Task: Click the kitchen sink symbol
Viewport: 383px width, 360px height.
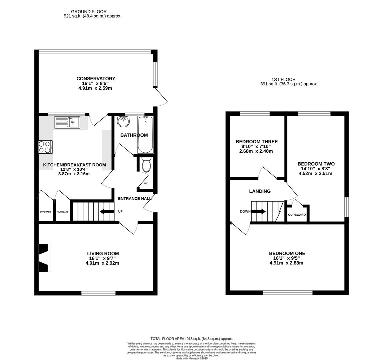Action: pos(67,122)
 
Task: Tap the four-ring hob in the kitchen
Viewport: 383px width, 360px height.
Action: pos(46,147)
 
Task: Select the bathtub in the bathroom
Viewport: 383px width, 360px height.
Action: pos(145,135)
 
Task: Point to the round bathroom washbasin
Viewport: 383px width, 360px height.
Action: pos(123,122)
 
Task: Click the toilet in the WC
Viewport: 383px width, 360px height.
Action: pos(146,165)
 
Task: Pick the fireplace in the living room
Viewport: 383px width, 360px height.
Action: pos(44,258)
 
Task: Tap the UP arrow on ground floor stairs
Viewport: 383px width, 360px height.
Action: pos(107,211)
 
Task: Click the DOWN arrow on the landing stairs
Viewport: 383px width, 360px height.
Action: pos(258,211)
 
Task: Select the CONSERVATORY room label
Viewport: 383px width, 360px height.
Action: pos(96,79)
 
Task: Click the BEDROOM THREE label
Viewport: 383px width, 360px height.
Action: pos(257,142)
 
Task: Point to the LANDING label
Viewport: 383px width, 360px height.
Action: pos(260,191)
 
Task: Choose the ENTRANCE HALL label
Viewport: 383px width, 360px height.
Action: pos(135,199)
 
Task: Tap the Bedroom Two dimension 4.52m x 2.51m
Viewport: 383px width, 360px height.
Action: pos(315,173)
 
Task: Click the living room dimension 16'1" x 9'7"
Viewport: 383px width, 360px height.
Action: pos(102,258)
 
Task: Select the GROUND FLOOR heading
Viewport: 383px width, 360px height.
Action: pos(89,12)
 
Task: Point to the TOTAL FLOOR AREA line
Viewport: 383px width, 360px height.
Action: pos(191,339)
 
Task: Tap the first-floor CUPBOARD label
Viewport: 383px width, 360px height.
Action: pos(297,215)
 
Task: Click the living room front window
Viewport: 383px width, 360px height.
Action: pos(98,293)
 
